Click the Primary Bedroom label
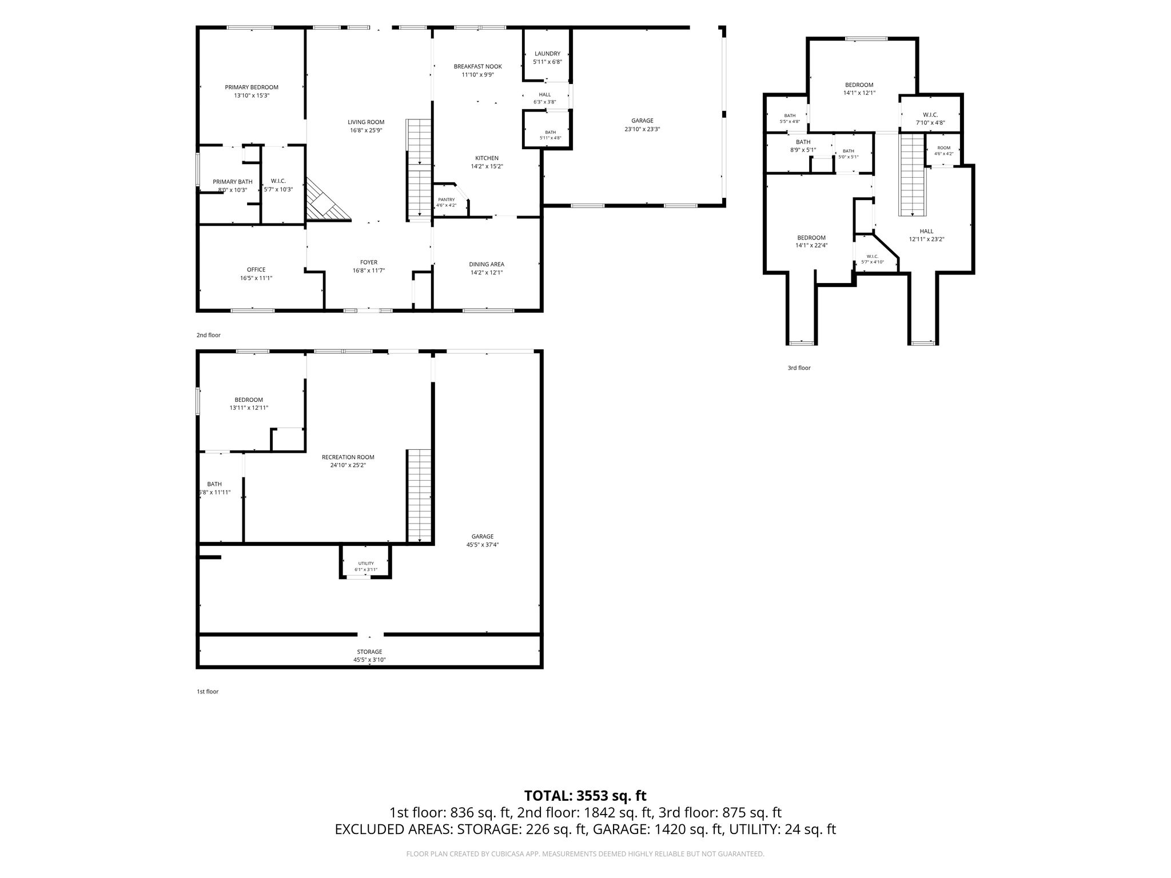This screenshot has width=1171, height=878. (x=252, y=87)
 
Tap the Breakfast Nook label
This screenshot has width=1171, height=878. (x=478, y=66)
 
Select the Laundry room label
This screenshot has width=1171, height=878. (x=547, y=54)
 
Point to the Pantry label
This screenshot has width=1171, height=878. (x=447, y=199)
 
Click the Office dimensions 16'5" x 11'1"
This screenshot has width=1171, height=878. (x=256, y=278)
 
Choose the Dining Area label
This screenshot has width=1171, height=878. (x=487, y=264)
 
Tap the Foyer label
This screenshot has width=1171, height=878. (x=369, y=262)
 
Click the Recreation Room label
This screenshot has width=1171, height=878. (x=348, y=457)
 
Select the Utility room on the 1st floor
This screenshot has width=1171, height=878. (x=366, y=564)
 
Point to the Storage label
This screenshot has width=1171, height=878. (x=370, y=652)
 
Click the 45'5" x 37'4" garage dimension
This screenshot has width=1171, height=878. (x=483, y=545)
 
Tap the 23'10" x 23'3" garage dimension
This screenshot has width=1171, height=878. (x=643, y=129)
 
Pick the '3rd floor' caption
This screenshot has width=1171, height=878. (x=799, y=368)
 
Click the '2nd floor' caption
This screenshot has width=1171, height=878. (x=209, y=336)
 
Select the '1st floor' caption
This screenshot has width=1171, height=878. (x=208, y=692)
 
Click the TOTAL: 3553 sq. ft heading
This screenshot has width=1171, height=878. (x=585, y=796)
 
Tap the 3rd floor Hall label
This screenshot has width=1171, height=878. (x=927, y=232)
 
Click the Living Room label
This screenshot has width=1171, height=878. (x=366, y=122)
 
